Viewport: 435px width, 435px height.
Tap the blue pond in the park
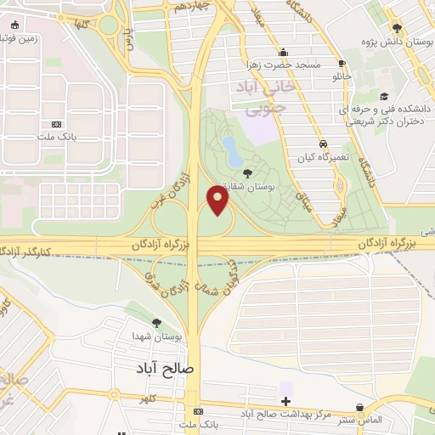tap(231, 151)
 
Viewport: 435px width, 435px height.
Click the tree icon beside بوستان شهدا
tap(156, 322)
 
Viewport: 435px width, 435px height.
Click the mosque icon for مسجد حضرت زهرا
tap(280, 51)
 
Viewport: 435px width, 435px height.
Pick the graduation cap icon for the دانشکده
tap(384, 96)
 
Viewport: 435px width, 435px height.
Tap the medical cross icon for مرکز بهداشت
tap(285, 401)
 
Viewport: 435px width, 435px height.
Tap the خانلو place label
tap(341, 76)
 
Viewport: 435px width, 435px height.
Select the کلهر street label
tap(150, 398)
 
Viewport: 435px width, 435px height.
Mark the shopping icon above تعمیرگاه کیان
tap(322, 143)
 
